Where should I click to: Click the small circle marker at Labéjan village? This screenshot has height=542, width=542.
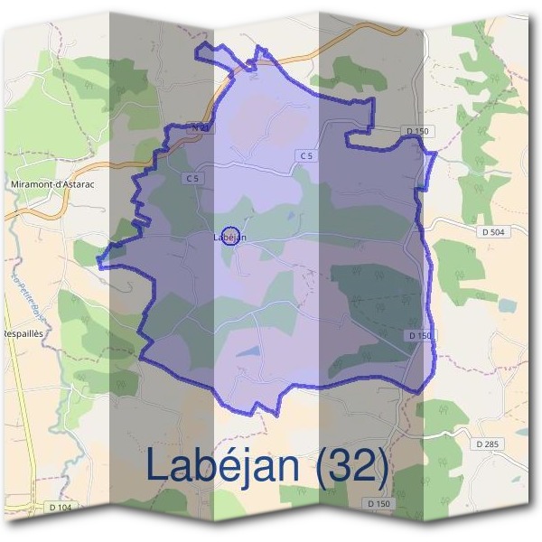pos(229,235)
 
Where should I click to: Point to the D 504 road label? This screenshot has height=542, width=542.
pos(491,232)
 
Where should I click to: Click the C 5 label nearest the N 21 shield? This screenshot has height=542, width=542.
pos(192,179)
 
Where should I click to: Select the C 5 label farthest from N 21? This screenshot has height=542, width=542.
pos(307,156)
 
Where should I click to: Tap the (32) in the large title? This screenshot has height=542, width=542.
pos(351,466)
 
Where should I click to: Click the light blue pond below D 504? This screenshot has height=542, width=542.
pos(506,304)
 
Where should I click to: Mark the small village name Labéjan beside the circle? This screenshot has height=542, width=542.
pos(231,238)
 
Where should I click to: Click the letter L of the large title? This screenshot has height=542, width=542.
pos(154,465)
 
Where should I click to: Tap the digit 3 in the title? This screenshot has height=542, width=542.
pos(340,466)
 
